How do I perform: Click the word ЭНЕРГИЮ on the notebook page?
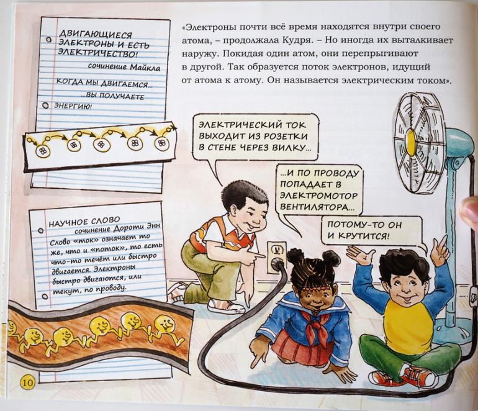click(73, 106)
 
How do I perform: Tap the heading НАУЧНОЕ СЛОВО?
click(84, 222)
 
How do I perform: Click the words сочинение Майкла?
click(124, 67)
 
